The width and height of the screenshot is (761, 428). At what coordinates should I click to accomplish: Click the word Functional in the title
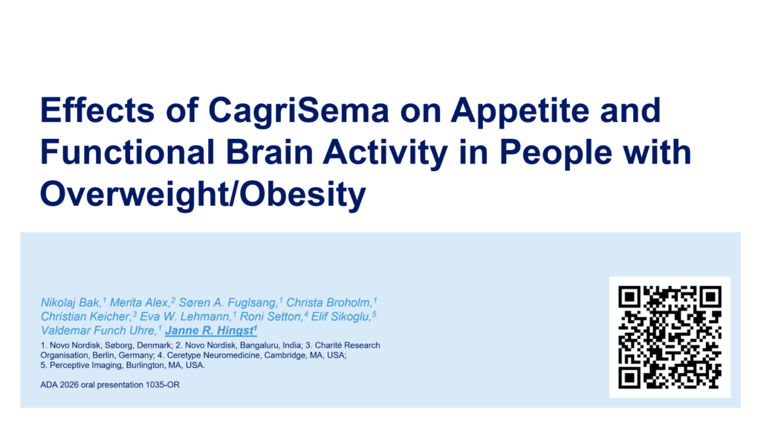127,152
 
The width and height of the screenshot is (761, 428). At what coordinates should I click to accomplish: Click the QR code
670,337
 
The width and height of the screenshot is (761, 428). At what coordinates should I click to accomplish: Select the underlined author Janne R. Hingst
210,331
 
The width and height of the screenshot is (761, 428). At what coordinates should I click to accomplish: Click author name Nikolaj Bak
71,303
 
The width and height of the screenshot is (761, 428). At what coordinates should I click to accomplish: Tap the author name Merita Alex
139,303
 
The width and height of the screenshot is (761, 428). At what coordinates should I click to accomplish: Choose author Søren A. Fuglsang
227,303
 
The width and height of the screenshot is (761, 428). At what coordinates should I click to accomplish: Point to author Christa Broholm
328,303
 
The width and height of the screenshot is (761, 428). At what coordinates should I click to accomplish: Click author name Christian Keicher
85,317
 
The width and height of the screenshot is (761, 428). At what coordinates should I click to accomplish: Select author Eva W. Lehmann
185,317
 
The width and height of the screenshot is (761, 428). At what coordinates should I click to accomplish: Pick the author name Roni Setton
271,317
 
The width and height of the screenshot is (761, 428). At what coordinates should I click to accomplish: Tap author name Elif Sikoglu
340,317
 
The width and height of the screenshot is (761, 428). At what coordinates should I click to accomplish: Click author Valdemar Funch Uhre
98,331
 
